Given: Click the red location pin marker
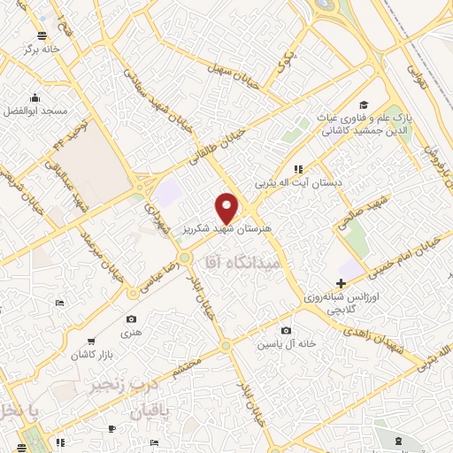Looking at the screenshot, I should pos(227,207).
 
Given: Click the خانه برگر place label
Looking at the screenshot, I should pos(45,49).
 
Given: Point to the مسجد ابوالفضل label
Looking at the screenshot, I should pos(37,111).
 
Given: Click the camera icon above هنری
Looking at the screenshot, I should pos(132,319).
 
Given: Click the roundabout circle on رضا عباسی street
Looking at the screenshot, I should pos(184,257).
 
